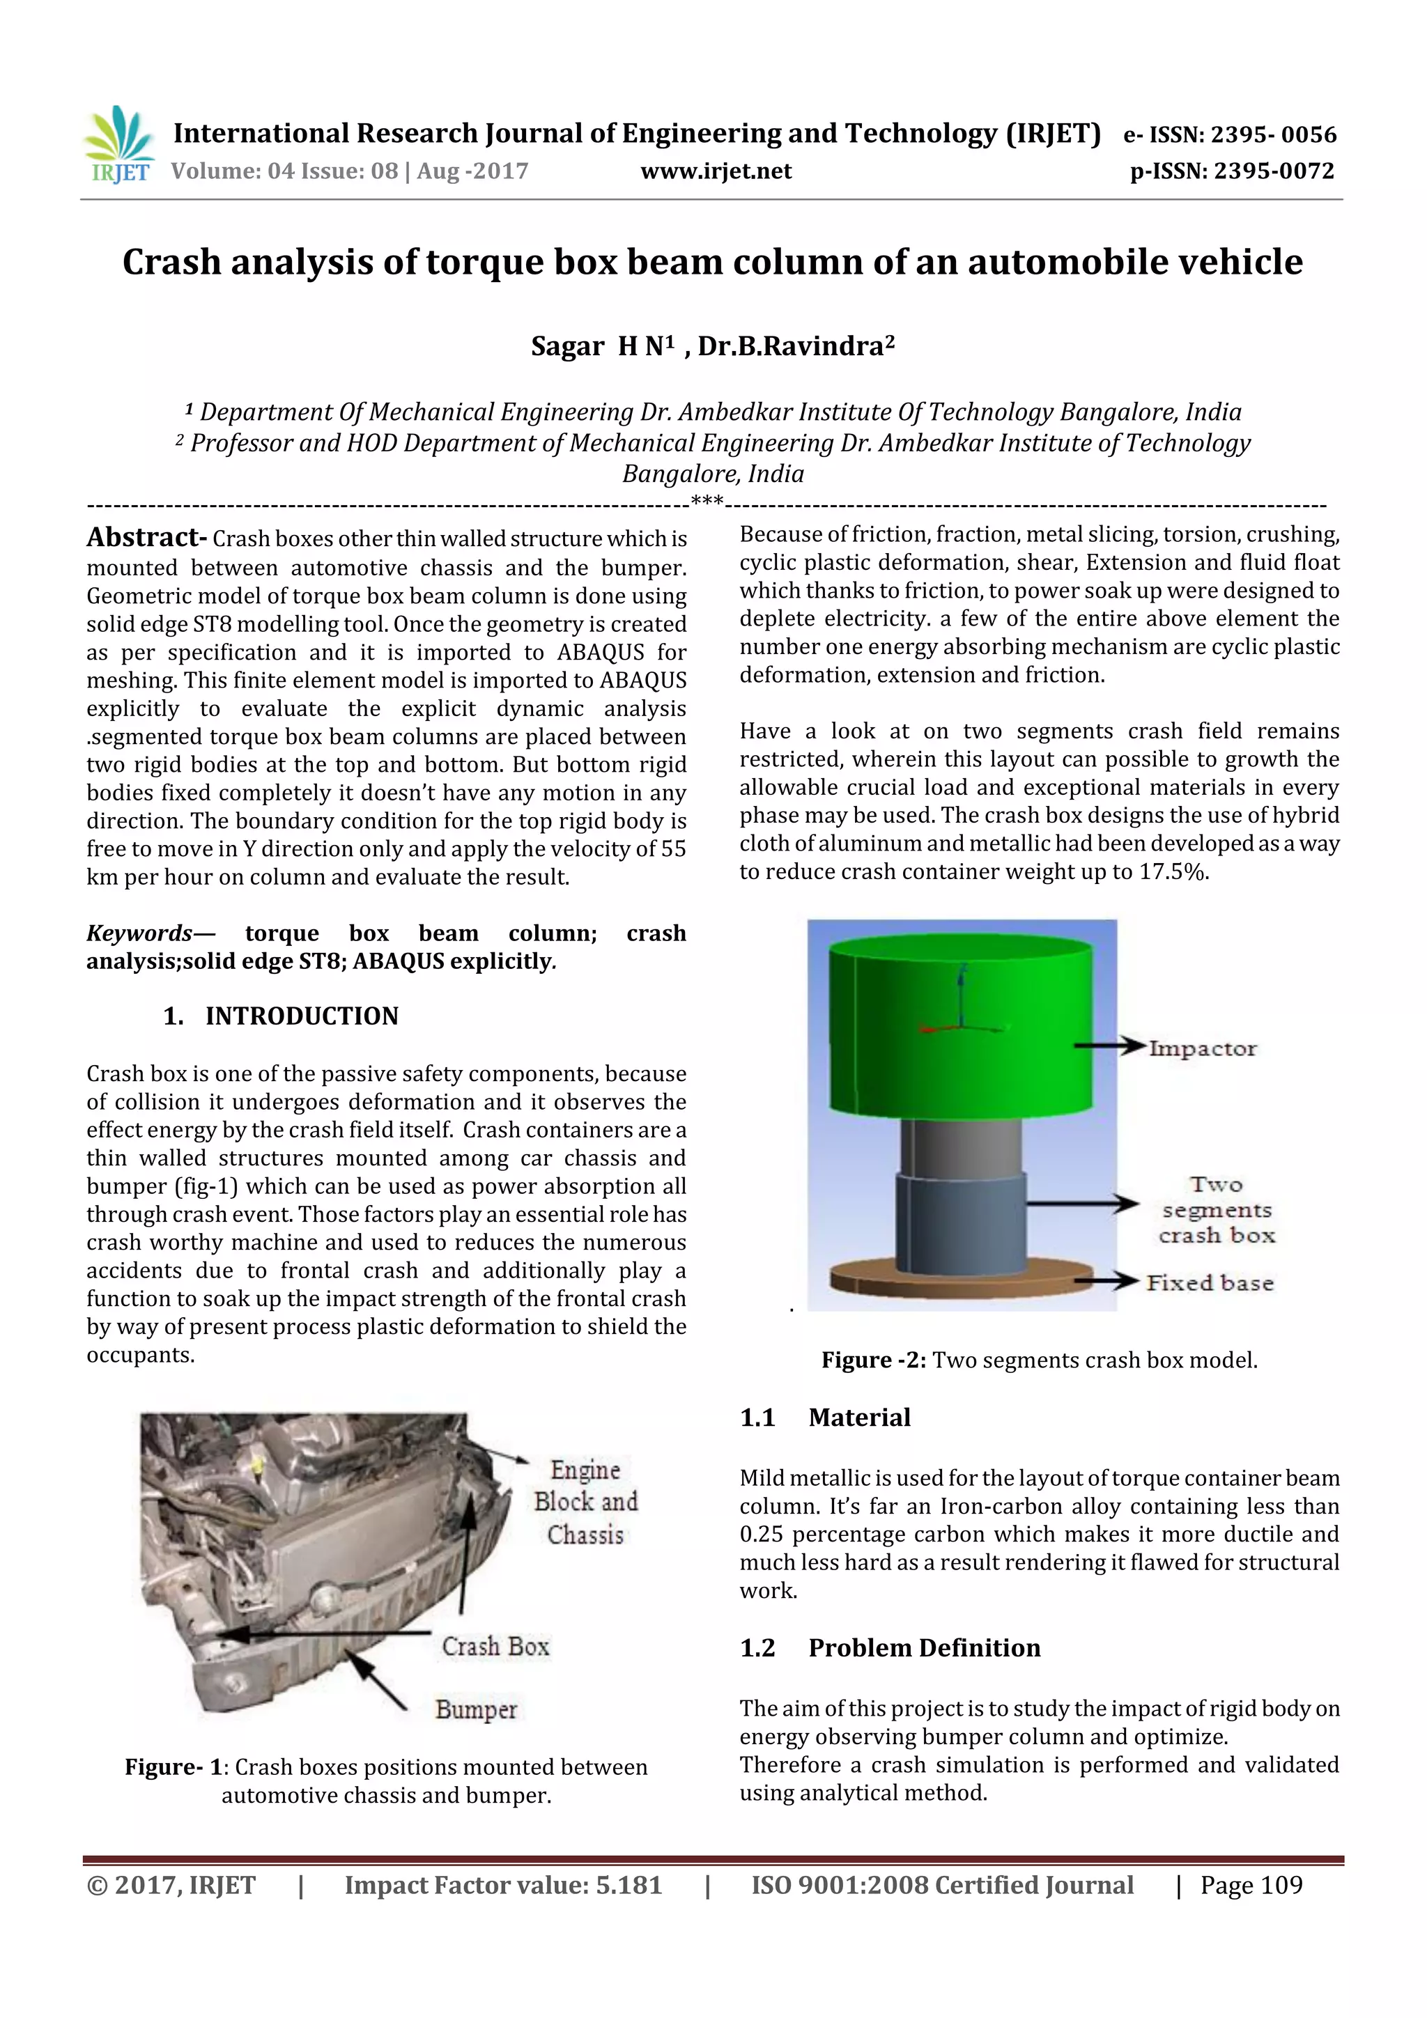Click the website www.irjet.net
[716, 171]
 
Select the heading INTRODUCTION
[301, 1016]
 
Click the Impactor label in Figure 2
[1202, 1048]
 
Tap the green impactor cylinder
[961, 1028]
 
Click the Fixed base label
[1209, 1282]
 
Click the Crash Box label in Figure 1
[495, 1645]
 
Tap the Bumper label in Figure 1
[476, 1709]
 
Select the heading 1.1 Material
[825, 1417]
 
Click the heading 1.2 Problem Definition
[890, 1647]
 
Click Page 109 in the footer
[1251, 1884]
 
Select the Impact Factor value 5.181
[628, 1884]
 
